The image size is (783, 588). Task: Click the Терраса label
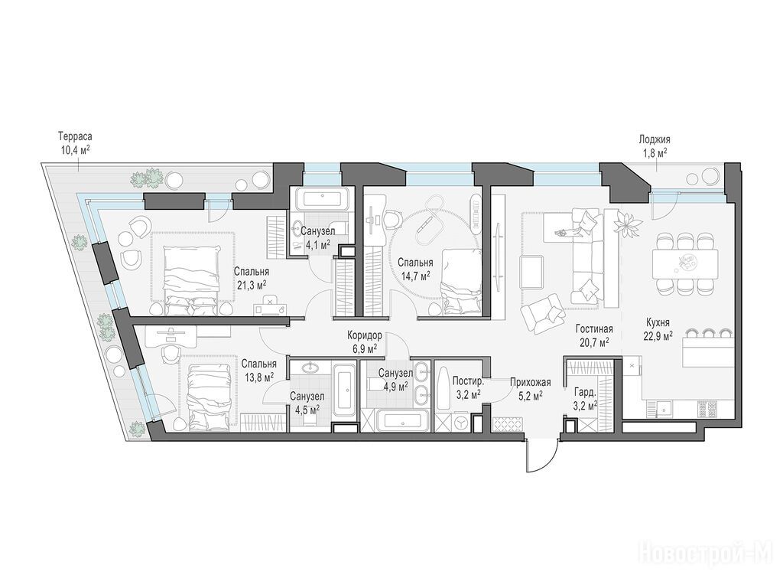(x=75, y=136)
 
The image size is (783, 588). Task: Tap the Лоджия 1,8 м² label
(x=655, y=146)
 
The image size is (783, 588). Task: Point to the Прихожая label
(x=531, y=383)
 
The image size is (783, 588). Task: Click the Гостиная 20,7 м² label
(x=593, y=335)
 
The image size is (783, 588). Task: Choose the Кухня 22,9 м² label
(x=658, y=329)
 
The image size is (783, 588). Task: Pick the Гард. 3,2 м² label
(x=586, y=399)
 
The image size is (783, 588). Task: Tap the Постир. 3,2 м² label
(x=467, y=387)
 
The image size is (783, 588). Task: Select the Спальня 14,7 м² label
(x=415, y=269)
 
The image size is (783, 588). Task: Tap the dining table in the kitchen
(x=684, y=263)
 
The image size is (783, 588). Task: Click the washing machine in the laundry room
(x=461, y=422)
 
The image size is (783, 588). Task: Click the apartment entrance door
(x=541, y=456)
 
